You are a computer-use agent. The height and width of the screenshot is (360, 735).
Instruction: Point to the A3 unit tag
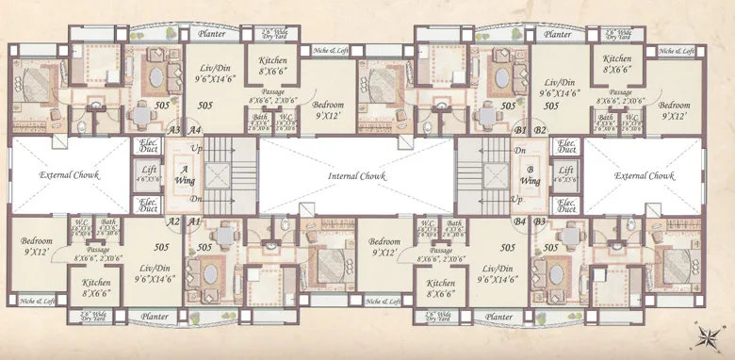coord(173,130)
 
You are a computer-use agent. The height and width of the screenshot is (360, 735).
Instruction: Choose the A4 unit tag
coord(195,130)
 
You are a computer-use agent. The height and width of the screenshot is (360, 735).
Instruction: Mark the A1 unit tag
coord(195,221)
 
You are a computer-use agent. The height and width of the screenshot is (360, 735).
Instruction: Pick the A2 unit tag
coord(173,221)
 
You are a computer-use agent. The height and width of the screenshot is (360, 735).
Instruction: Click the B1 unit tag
coord(520,130)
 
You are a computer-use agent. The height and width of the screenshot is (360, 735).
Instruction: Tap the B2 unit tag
coord(541,130)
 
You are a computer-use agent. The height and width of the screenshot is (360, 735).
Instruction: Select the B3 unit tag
coord(541,221)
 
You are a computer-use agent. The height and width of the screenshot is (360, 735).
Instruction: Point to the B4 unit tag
coord(519,221)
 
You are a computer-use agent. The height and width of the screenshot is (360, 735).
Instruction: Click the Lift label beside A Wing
coord(148,172)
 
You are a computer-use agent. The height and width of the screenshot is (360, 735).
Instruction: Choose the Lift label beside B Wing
coord(566,172)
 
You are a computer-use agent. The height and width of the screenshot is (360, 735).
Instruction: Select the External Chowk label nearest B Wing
coord(645,176)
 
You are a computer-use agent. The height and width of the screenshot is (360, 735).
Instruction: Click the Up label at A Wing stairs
coord(195,150)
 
